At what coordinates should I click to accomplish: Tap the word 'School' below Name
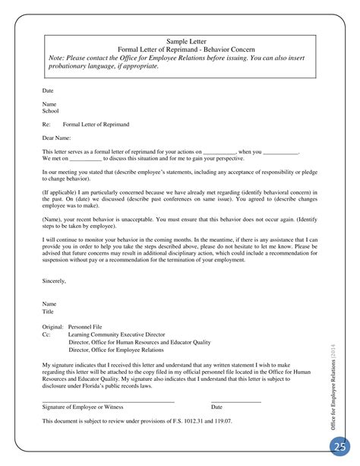(x=50, y=110)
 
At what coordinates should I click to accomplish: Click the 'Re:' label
(x=46, y=123)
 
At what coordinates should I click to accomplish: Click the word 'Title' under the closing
(x=48, y=290)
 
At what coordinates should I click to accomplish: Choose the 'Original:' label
(x=52, y=303)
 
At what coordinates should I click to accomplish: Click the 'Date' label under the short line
(x=216, y=406)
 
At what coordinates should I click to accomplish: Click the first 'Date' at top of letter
(x=48, y=90)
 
